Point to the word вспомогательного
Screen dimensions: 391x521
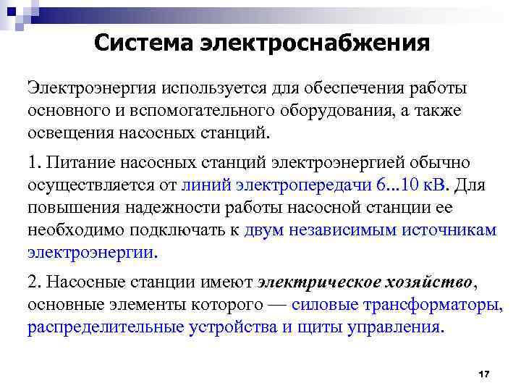click(x=192, y=111)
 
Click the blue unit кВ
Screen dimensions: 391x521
click(x=436, y=185)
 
